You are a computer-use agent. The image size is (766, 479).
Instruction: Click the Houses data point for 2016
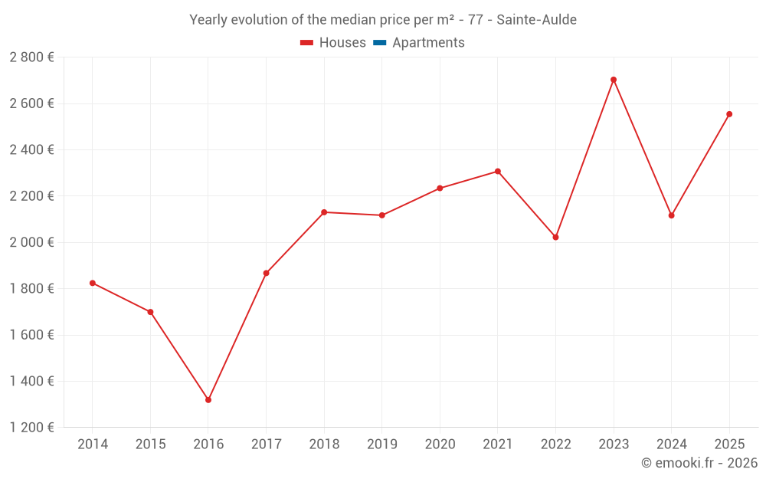(x=208, y=400)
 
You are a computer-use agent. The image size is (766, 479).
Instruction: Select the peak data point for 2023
(x=614, y=80)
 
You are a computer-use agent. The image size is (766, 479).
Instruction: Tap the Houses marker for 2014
(x=93, y=283)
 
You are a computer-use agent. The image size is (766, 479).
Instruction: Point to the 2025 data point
(x=729, y=114)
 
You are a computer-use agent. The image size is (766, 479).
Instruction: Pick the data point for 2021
(x=498, y=172)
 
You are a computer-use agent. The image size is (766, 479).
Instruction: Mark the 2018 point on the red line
(x=324, y=212)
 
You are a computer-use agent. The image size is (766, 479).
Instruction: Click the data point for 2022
(x=555, y=237)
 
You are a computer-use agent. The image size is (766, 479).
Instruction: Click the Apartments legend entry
(x=427, y=43)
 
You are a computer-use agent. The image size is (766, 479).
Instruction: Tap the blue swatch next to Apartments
(x=379, y=43)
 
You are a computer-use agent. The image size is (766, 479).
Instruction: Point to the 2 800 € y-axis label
(x=31, y=57)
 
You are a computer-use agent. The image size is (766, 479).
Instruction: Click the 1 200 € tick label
(x=31, y=428)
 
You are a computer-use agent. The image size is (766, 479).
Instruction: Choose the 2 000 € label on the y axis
(x=31, y=242)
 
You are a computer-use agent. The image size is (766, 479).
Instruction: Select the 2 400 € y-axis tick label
(x=31, y=150)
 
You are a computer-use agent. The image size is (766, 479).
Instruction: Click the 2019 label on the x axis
(x=381, y=445)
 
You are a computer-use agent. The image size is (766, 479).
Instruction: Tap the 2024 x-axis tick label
(x=671, y=445)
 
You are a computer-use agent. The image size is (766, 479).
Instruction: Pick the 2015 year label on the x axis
(x=150, y=445)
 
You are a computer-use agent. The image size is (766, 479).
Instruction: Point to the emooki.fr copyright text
(x=699, y=463)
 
